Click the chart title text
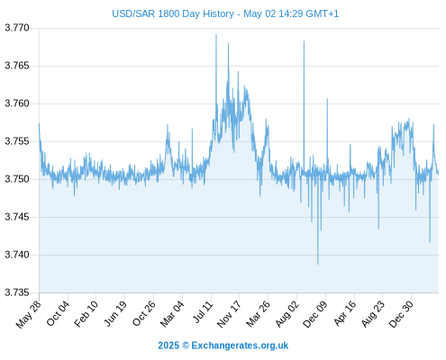click(225, 13)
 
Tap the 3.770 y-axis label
click(17, 28)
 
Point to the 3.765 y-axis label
click(17, 66)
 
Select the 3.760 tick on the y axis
click(17, 103)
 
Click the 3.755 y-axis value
click(17, 141)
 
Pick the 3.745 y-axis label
click(17, 217)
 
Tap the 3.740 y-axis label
click(17, 255)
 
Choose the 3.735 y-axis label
click(17, 292)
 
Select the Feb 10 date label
click(86, 313)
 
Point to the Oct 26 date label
click(144, 313)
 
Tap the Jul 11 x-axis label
click(203, 312)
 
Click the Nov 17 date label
click(229, 314)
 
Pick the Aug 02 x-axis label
click(287, 314)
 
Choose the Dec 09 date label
click(314, 314)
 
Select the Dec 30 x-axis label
click(401, 314)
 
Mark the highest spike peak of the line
click(216, 35)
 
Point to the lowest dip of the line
click(318, 264)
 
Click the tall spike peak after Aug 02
click(304, 41)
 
